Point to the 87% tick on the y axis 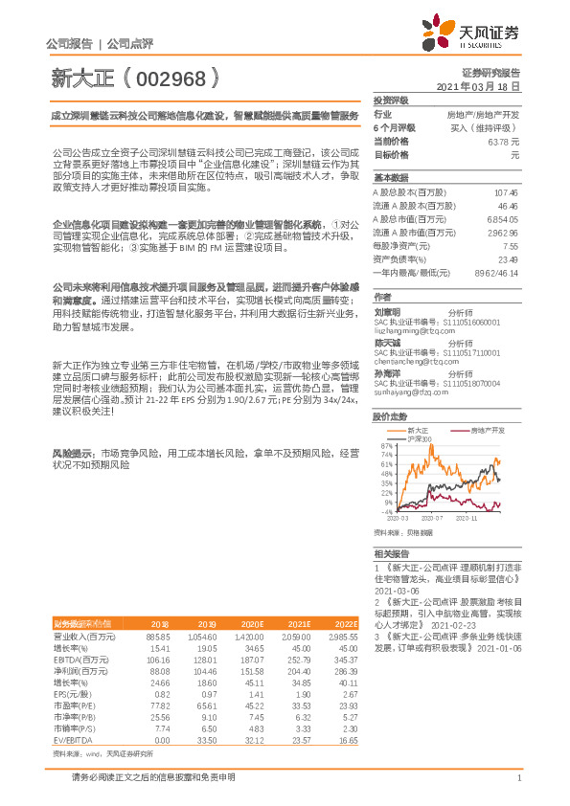(387, 446)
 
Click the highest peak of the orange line (496, 459)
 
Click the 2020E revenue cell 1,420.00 (248, 636)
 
